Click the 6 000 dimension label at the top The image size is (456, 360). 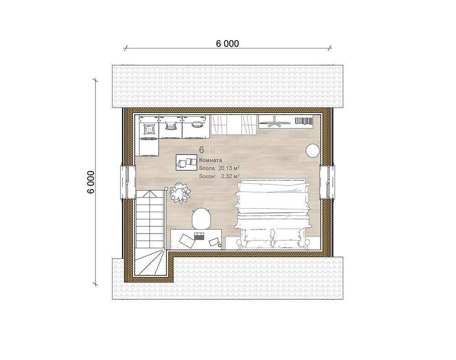pyautogui.click(x=228, y=44)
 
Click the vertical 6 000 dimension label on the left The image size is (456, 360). pyautogui.click(x=91, y=182)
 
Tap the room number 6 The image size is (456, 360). pyautogui.click(x=202, y=150)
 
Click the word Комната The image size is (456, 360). pyautogui.click(x=211, y=160)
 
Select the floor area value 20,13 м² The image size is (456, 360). pyautogui.click(x=228, y=168)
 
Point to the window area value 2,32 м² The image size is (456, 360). pyautogui.click(x=230, y=176)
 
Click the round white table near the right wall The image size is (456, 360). pyautogui.click(x=313, y=151)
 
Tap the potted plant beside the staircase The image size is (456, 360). pyautogui.click(x=180, y=193)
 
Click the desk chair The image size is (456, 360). pyautogui.click(x=202, y=219)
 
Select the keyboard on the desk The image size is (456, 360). pyautogui.click(x=199, y=236)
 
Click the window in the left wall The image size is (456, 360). pyautogui.click(x=128, y=182)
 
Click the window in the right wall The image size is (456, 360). pyautogui.click(x=327, y=182)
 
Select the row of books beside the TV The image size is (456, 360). pyautogui.click(x=303, y=121)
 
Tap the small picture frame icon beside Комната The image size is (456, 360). pyautogui.click(x=187, y=163)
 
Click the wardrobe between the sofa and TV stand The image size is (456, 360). pyautogui.click(x=234, y=125)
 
